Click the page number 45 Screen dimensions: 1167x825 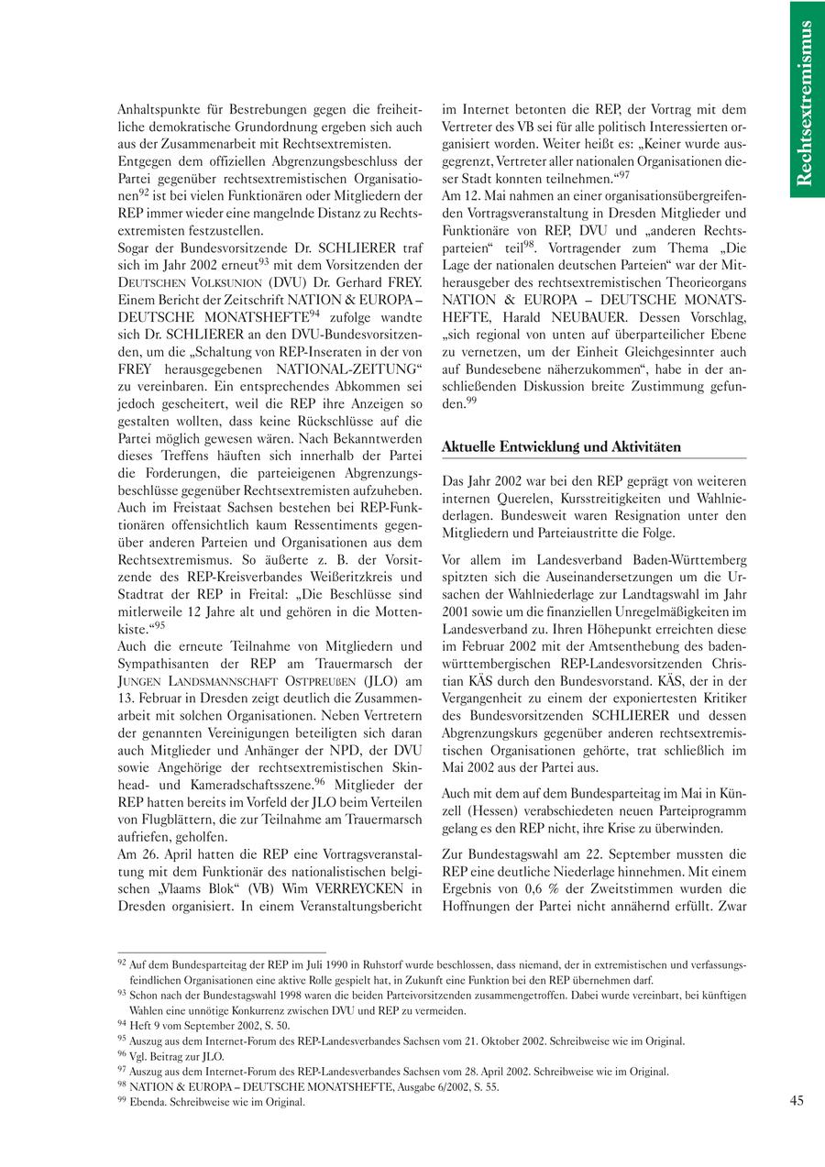tap(796, 1102)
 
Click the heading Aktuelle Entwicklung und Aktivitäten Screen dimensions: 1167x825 tap(561, 446)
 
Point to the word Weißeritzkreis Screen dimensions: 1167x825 tap(346, 577)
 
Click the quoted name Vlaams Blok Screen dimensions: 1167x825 tap(192, 888)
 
